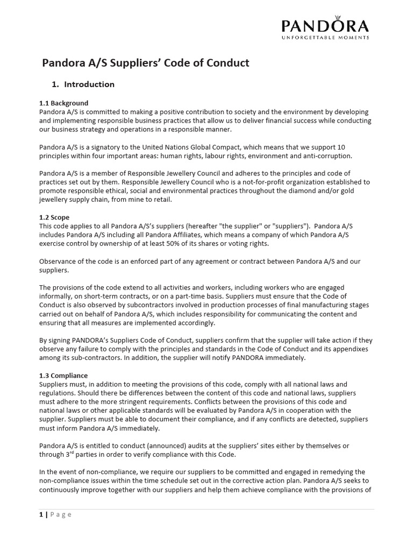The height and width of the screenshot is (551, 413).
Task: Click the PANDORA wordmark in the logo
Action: coord(326,26)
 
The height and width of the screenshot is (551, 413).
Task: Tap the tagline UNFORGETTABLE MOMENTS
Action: coord(326,38)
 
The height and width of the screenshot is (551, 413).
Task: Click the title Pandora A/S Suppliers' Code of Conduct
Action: coord(146,63)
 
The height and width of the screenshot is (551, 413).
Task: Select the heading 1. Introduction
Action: coord(83,84)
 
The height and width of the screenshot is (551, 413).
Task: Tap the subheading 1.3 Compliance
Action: coord(63,375)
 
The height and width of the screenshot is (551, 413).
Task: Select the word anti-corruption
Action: coord(325,156)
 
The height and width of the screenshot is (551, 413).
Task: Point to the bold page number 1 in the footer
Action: coord(41,514)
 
